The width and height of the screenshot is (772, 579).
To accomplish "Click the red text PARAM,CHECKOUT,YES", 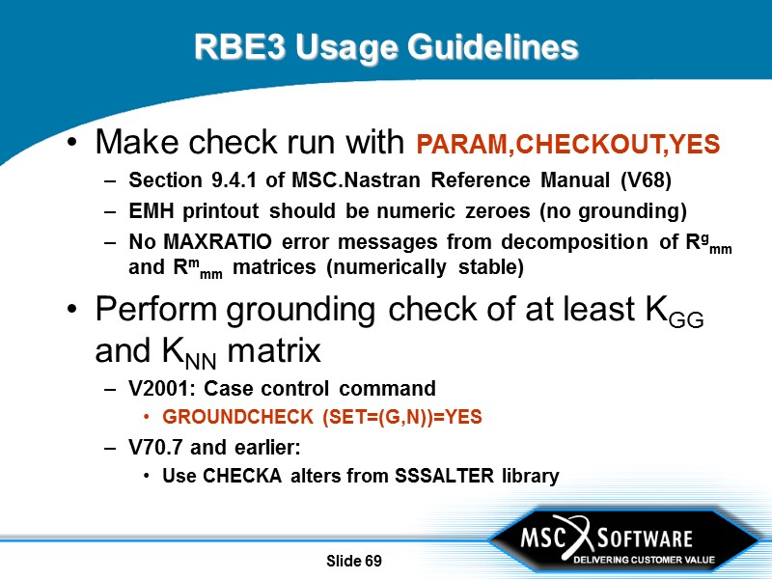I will point(567,146).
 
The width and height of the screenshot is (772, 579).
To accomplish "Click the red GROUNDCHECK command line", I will point(321,418).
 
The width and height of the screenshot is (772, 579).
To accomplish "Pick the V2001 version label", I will point(156,389).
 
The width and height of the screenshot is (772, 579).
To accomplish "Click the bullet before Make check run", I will point(73,146).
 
